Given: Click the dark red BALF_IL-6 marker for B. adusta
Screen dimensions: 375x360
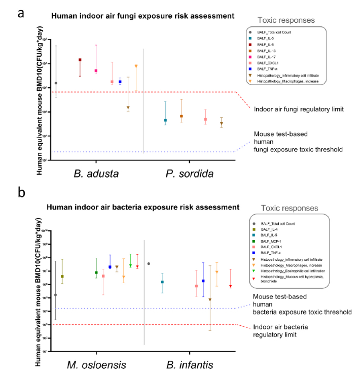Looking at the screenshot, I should tap(80, 60).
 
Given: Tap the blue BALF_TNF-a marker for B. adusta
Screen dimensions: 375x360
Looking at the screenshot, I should tap(120, 82).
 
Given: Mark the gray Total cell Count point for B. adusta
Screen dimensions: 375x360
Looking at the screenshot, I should tap(56, 83).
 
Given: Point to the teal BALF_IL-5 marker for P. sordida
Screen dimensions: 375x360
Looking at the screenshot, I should tap(165, 120).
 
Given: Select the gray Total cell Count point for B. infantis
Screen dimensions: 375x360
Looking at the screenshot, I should tap(149, 263).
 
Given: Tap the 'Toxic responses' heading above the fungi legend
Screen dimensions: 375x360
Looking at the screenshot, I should tap(286, 21).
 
